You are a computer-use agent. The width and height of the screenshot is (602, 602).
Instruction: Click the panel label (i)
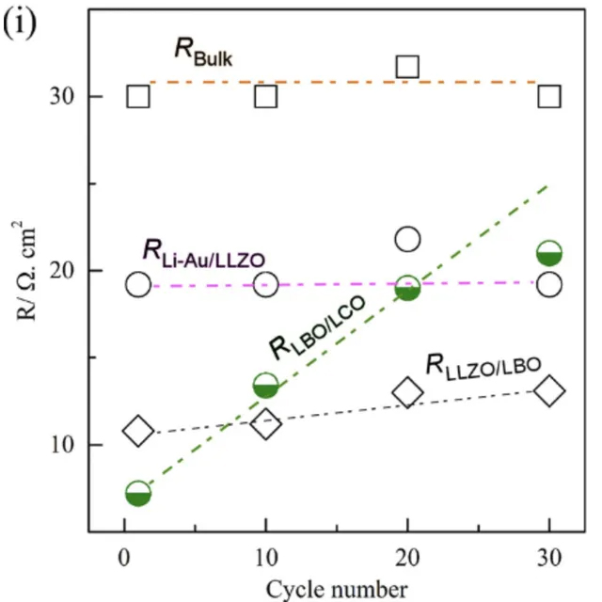click(x=21, y=21)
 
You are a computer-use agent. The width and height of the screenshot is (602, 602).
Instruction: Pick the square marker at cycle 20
click(x=407, y=67)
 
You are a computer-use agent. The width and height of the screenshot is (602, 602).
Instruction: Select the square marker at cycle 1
click(x=138, y=96)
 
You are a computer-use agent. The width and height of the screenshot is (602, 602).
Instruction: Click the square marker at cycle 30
click(x=549, y=96)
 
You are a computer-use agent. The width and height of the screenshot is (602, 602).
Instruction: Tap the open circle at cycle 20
click(x=407, y=238)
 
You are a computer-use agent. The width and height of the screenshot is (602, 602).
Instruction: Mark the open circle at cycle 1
click(x=138, y=285)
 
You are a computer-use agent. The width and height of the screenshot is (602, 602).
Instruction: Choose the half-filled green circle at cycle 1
click(x=138, y=494)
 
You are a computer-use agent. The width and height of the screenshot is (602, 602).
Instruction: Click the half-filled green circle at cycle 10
click(x=266, y=385)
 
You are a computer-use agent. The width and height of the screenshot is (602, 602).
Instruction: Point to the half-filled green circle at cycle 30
click(x=549, y=253)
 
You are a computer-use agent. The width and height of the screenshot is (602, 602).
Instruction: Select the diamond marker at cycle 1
click(x=138, y=432)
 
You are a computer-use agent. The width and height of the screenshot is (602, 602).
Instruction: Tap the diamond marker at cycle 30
click(x=549, y=391)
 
